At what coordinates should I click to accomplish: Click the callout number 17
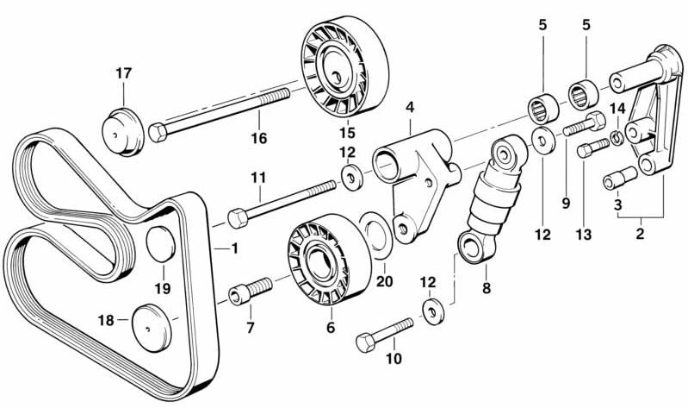tap(123, 73)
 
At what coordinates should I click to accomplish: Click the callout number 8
tap(487, 289)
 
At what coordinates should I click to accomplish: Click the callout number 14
tap(617, 108)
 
